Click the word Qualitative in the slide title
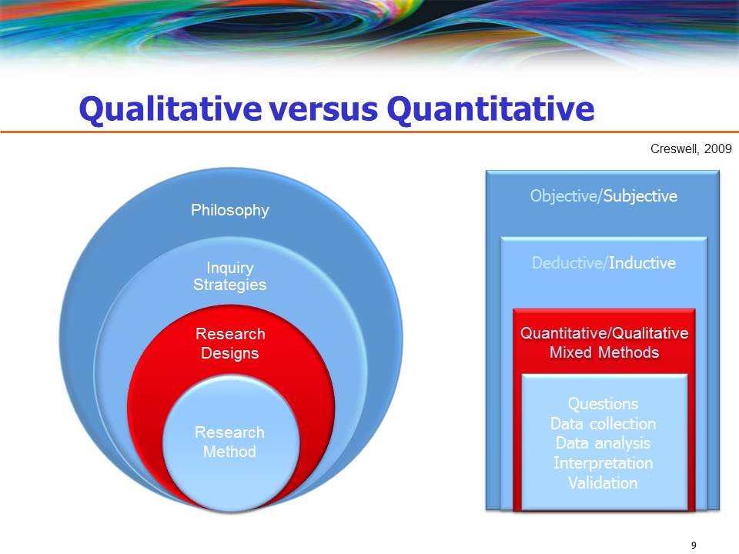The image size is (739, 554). tap(169, 110)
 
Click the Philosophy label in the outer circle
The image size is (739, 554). tap(229, 210)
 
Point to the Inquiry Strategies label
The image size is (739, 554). tap(229, 276)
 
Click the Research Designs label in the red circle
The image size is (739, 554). tap(229, 343)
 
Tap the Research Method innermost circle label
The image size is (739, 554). tap(229, 442)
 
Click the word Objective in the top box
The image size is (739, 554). tap(563, 196)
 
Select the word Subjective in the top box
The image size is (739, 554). tap(640, 196)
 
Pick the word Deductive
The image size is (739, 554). tap(568, 263)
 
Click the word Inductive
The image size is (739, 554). tap(642, 263)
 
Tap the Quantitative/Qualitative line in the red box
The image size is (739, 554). tap(604, 333)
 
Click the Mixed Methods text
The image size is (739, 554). tap(604, 352)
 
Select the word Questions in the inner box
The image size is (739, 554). tap(603, 404)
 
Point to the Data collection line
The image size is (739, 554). tap(603, 424)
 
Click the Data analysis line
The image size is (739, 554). tap(603, 443)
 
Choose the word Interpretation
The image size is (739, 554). tap(603, 463)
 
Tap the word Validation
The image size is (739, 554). tap(603, 483)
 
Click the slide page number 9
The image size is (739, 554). tap(694, 545)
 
